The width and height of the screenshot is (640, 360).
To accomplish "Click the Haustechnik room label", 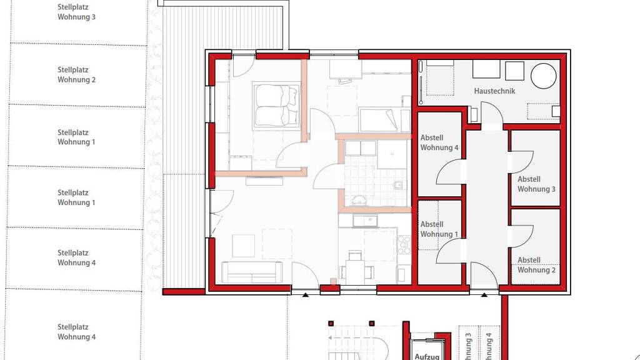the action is pyautogui.click(x=494, y=91).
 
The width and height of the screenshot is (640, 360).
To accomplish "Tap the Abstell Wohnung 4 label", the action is pyautogui.click(x=439, y=142).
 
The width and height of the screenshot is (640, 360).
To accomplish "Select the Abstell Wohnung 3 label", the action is pyautogui.click(x=536, y=184).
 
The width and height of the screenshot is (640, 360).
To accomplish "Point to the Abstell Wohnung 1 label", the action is pyautogui.click(x=439, y=229).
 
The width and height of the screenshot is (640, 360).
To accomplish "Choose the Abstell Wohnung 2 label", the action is pyautogui.click(x=536, y=265).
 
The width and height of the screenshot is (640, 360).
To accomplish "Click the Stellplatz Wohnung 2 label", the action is pyautogui.click(x=76, y=75).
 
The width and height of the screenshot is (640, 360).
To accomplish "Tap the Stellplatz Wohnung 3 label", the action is pyautogui.click(x=76, y=12).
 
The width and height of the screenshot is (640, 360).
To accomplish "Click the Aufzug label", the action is pyautogui.click(x=427, y=356).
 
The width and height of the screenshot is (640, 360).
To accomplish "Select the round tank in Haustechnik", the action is pyautogui.click(x=543, y=76).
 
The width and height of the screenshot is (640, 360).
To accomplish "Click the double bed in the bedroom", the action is pyautogui.click(x=276, y=106).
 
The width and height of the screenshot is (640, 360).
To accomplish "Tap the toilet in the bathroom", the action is pyautogui.click(x=399, y=186).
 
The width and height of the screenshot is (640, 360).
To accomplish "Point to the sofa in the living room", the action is pyautogui.click(x=251, y=272).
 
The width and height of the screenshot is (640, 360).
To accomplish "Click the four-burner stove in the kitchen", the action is pyautogui.click(x=404, y=244).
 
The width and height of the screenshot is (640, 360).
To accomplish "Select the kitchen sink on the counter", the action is pyautogui.click(x=365, y=221).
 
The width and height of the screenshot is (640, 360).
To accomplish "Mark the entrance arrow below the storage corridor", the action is pyautogui.click(x=484, y=295).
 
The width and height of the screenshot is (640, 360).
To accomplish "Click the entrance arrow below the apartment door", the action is pyautogui.click(x=305, y=295).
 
